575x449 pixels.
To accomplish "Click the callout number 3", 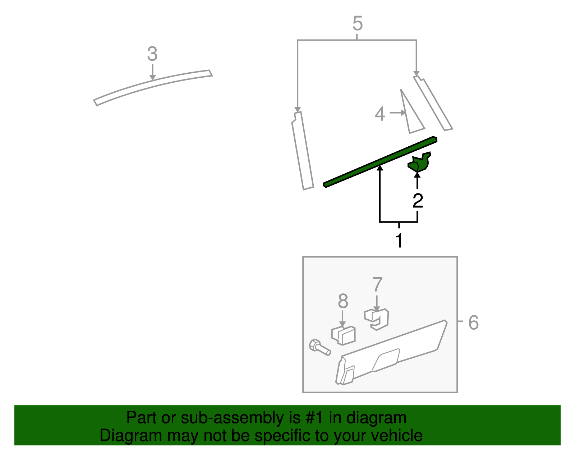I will (152, 54).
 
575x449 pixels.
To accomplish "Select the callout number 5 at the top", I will (357, 24).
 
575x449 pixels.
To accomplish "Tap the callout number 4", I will (380, 114).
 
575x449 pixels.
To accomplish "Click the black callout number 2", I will (418, 201).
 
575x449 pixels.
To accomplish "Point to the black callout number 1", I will (399, 240).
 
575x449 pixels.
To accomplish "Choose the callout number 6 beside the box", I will (474, 322).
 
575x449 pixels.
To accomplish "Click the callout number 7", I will (377, 285).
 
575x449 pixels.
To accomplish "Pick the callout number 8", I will (343, 301).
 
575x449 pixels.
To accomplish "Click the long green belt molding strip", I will (380, 162).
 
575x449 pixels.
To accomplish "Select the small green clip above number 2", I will (419, 162).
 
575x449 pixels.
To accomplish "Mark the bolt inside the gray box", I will (319, 347).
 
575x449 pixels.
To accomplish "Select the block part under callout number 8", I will (344, 335).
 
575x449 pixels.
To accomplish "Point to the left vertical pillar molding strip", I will (302, 151).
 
